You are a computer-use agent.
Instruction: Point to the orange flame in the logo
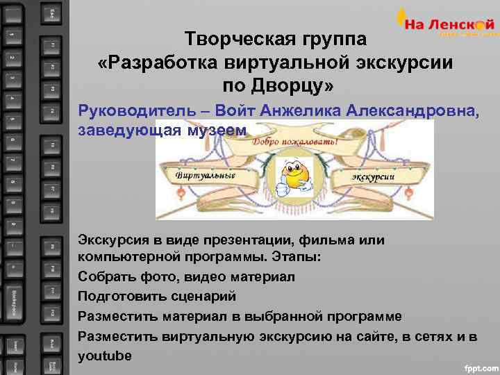click(x=402, y=15)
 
